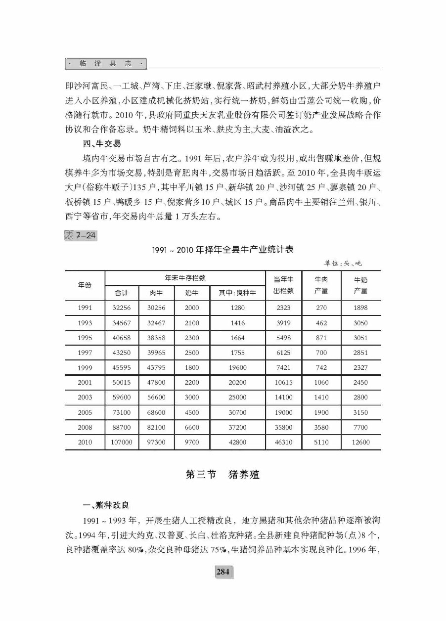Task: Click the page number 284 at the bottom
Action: pyautogui.click(x=223, y=572)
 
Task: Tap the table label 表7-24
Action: pyautogui.click(x=81, y=235)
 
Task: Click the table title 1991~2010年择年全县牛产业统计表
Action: pyautogui.click(x=223, y=250)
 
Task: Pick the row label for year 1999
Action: pyautogui.click(x=85, y=368)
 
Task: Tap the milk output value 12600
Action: pyautogui.click(x=360, y=443)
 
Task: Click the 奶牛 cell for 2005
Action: pyautogui.click(x=192, y=412)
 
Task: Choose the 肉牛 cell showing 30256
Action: pyautogui.click(x=156, y=308)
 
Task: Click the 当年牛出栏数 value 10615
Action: pyautogui.click(x=283, y=383)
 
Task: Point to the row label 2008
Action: pyautogui.click(x=85, y=427)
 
